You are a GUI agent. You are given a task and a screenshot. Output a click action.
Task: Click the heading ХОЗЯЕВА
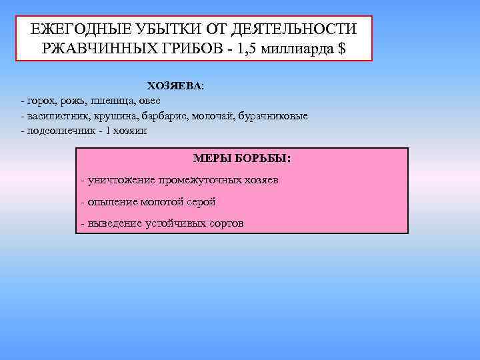175,87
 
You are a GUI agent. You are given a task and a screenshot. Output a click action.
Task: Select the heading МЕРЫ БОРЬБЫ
241,159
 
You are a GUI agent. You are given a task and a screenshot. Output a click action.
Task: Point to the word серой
200,202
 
